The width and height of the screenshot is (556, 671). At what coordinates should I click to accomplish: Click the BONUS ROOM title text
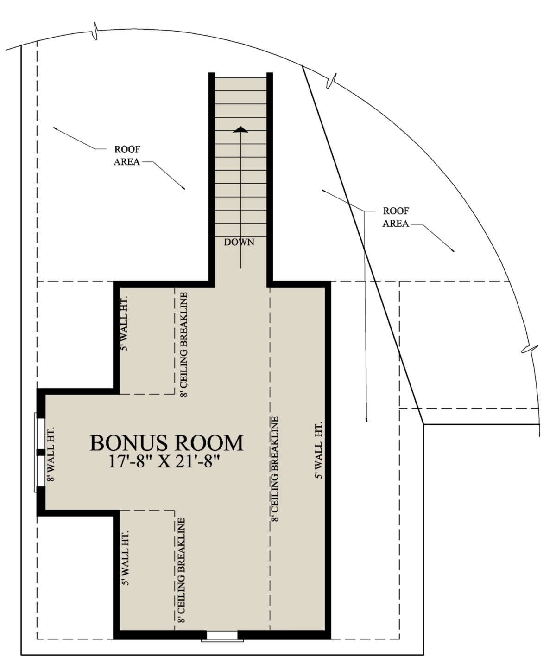coord(166,443)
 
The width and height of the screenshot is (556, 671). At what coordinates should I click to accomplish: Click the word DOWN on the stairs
coord(239,243)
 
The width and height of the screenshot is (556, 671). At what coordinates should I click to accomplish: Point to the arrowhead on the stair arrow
coord(241,129)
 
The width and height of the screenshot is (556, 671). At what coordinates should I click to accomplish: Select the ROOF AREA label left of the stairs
coord(127,155)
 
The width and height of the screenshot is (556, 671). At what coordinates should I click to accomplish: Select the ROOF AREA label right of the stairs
coord(396,217)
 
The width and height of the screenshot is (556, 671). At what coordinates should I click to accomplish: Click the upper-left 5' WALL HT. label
coord(124,323)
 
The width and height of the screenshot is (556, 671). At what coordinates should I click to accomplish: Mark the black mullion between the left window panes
coord(41,453)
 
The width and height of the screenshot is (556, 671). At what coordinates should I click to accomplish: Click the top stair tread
coord(241,84)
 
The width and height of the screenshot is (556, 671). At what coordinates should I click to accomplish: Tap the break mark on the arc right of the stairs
coord(331,80)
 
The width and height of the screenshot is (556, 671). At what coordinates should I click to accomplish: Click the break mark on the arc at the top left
coord(95,31)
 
